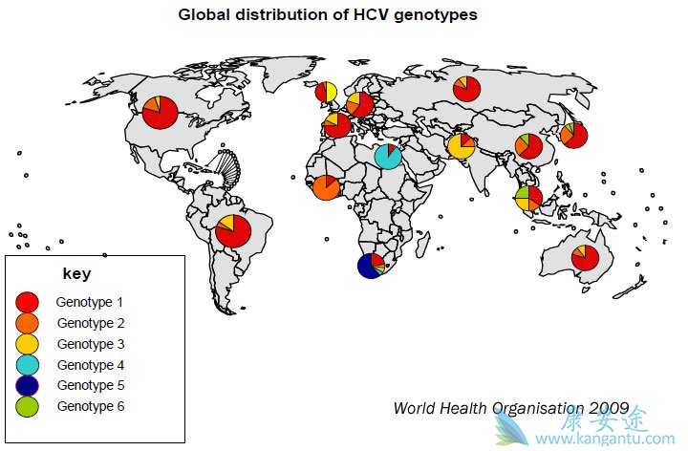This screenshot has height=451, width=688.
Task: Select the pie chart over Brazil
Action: pyautogui.click(x=233, y=230)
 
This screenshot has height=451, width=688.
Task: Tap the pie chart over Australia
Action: pyautogui.click(x=585, y=257)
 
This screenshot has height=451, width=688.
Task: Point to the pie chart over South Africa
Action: pyautogui.click(x=371, y=265)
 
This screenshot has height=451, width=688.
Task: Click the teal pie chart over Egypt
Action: pyautogui.click(x=388, y=156)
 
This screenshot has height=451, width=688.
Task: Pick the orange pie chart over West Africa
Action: pyautogui.click(x=326, y=187)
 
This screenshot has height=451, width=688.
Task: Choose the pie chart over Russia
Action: pyautogui.click(x=466, y=89)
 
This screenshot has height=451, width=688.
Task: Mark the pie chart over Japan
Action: pyautogui.click(x=573, y=135)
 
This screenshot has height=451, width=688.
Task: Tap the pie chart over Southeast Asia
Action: pyautogui.click(x=528, y=198)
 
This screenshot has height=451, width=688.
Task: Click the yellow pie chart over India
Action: pyautogui.click(x=461, y=146)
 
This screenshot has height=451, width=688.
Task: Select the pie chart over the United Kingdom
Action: pyautogui.click(x=326, y=93)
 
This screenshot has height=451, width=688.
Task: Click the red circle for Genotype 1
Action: pyautogui.click(x=28, y=302)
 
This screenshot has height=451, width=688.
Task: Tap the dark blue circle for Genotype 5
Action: pyautogui.click(x=28, y=386)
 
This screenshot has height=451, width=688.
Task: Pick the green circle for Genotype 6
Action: pyautogui.click(x=28, y=407)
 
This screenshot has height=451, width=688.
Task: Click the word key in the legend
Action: pyautogui.click(x=76, y=274)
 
